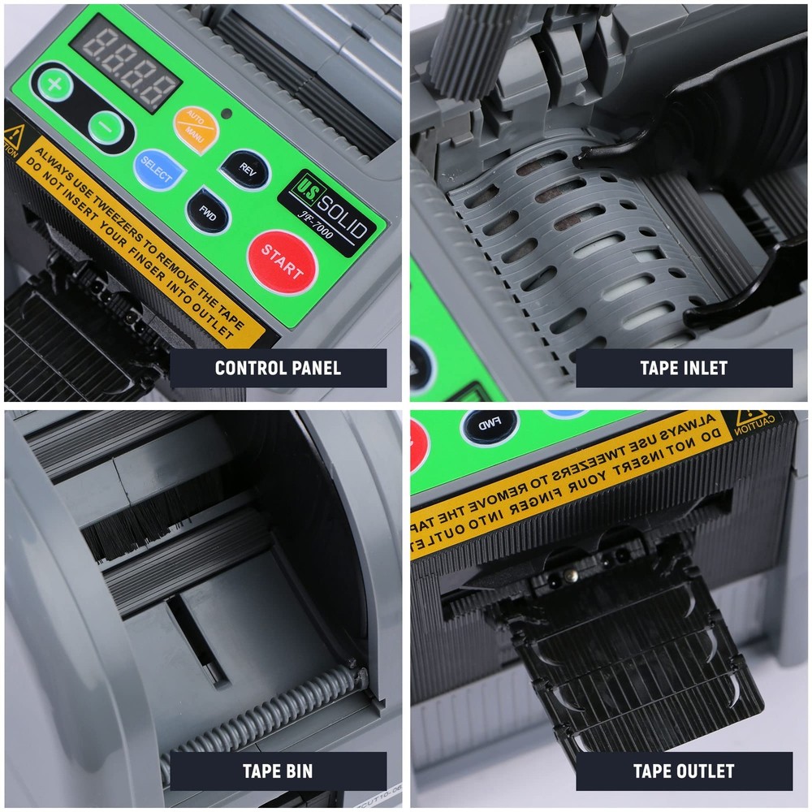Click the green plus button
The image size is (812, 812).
pos(54,84)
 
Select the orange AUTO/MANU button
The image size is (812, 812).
pos(195,124)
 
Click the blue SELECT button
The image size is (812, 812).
pos(156,167)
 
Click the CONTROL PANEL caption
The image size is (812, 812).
pos(278,368)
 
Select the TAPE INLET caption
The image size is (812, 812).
pos(684,368)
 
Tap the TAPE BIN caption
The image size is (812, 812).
pos(278,771)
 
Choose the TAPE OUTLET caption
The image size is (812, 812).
pos(684,771)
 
